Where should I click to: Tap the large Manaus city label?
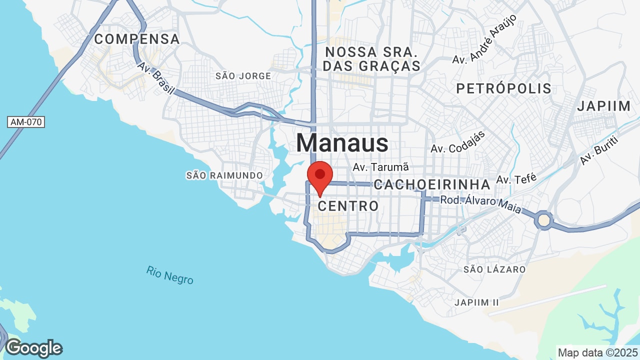pos(342,143)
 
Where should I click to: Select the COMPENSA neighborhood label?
pos(137,39)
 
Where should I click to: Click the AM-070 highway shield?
pos(26,122)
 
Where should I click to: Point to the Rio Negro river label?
pos(170,275)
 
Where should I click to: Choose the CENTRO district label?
pos(348,205)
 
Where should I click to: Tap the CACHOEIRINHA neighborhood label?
pos(432,184)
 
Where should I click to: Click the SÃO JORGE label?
pos(243,76)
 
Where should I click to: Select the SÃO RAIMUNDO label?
pos(224,175)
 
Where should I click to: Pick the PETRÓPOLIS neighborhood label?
pos(503,89)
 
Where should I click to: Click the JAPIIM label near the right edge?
pos(604,106)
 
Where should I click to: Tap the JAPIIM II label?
pos(477,302)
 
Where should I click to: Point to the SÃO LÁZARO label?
pos(494,269)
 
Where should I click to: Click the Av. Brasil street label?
pos(156,78)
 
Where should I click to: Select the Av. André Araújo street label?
pos(484,39)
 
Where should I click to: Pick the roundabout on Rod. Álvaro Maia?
pos(544,219)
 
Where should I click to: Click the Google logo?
pos(33,348)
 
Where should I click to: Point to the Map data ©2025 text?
pos(598,352)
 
